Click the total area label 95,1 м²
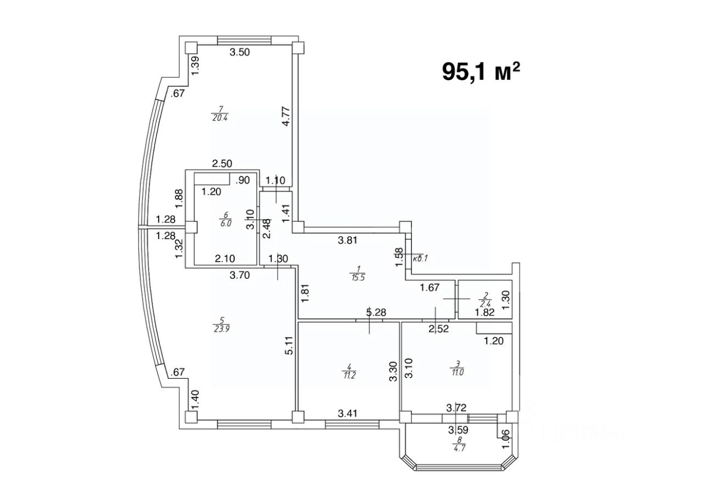tap(481, 71)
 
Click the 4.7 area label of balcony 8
tap(458, 448)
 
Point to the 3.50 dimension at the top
tap(239, 53)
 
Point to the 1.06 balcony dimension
tap(505, 437)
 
